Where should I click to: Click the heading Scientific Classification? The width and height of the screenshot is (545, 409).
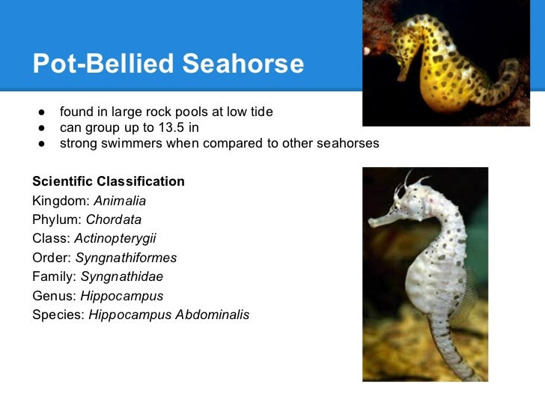(109, 182)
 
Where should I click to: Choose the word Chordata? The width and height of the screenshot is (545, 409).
(114, 220)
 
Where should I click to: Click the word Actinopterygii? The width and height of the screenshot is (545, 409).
(120, 239)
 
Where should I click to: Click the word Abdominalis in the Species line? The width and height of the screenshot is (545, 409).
(213, 315)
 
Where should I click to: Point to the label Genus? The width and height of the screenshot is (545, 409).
(55, 296)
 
